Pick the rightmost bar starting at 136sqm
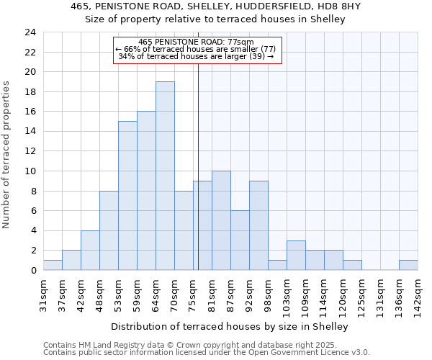(x=408, y=265)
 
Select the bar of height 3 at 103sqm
(x=296, y=256)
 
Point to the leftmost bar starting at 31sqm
(x=53, y=265)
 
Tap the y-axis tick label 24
(x=30, y=32)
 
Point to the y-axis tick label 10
(x=30, y=171)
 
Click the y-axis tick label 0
(x=32, y=271)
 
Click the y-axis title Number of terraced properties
(x=7, y=155)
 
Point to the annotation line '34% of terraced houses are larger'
(x=196, y=56)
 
